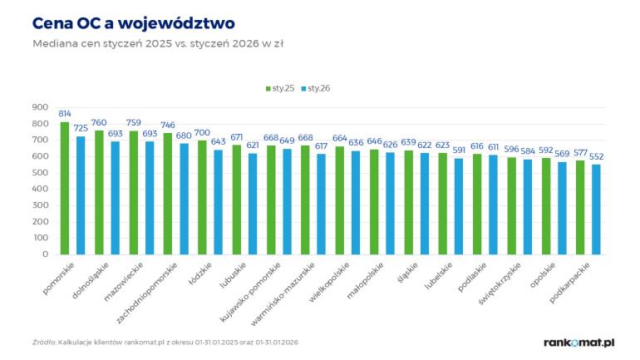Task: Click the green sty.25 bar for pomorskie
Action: (65, 189)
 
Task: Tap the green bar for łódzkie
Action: (202, 198)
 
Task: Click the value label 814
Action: (65, 114)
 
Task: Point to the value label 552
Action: (596, 156)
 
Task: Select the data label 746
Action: (168, 125)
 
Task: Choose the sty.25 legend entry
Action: (281, 88)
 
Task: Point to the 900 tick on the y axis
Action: (40, 107)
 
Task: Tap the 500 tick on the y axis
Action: (40, 173)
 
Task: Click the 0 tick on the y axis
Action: (45, 255)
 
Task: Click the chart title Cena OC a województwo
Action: (122, 22)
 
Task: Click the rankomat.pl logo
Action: (578, 342)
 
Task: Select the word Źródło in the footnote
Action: (43, 341)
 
